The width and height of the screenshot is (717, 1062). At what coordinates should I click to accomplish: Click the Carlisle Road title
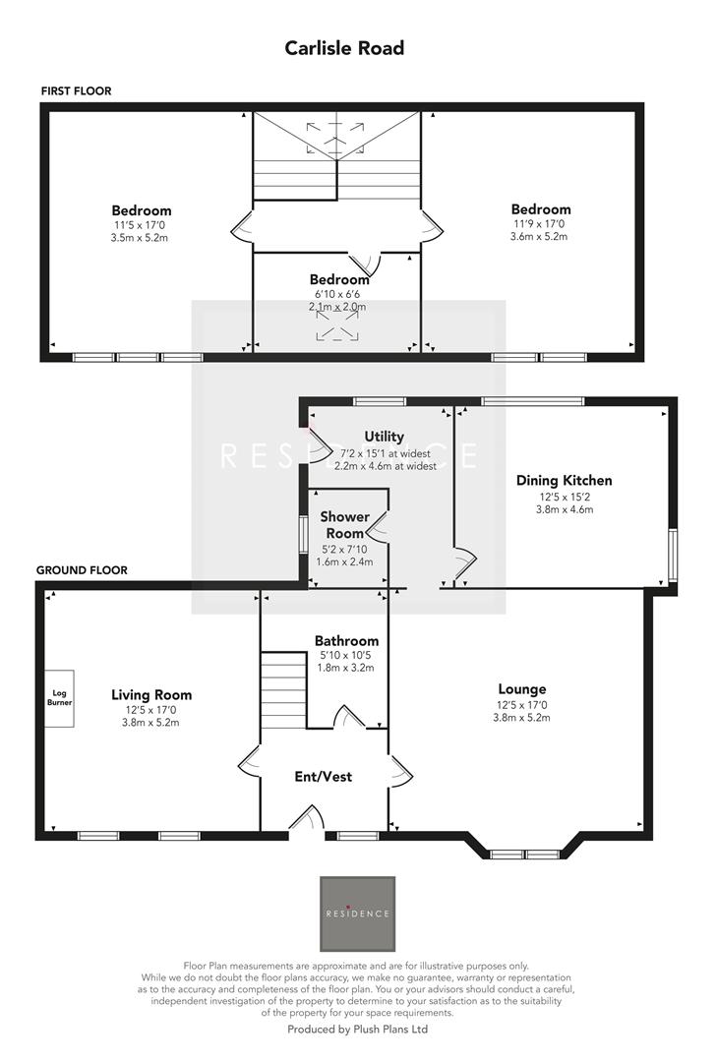[344, 48]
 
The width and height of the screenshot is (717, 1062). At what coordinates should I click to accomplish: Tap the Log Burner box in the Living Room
[59, 698]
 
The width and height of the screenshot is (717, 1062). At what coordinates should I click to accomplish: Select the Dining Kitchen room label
[564, 481]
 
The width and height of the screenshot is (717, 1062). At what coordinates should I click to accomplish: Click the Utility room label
[384, 437]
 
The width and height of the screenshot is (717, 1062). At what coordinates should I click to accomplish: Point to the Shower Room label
[344, 524]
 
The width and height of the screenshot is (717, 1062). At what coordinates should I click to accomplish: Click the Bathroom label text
[346, 640]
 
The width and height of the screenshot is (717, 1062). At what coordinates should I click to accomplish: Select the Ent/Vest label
[324, 777]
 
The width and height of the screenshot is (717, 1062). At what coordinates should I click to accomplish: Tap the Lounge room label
[521, 689]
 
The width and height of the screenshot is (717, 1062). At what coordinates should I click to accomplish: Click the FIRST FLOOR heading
[76, 90]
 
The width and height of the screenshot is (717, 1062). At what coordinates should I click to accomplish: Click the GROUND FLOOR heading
[82, 569]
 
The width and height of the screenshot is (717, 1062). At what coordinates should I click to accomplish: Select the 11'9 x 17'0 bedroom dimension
[540, 223]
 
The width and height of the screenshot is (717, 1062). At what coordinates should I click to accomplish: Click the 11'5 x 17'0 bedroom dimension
[141, 224]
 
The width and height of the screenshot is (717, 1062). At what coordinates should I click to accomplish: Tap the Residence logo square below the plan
[358, 912]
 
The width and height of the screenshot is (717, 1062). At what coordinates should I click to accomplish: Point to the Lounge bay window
[522, 852]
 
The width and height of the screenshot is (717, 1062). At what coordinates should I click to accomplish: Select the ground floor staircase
[284, 690]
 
